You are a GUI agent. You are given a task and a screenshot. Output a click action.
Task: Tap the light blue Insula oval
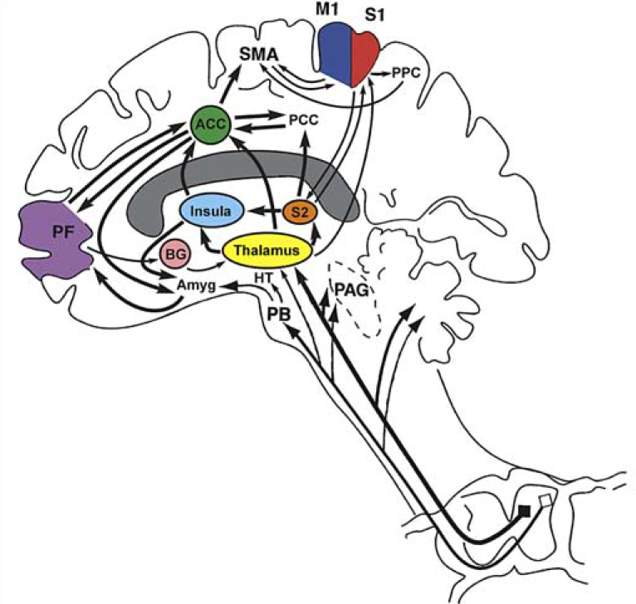pos(211,211)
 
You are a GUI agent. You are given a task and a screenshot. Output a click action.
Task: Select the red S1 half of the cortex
pos(366,56)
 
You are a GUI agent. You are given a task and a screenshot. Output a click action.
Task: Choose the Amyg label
pos(196,286)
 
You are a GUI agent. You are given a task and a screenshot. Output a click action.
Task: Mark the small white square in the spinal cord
pos(544,500)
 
